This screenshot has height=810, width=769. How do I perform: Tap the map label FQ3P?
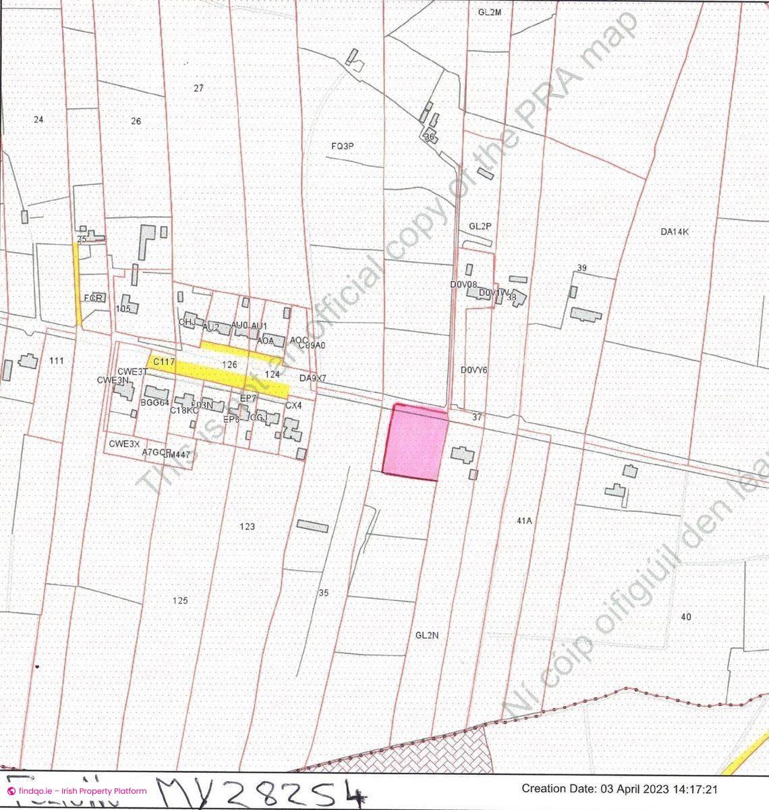[x=343, y=146]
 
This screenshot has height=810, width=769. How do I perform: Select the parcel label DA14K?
[x=675, y=232]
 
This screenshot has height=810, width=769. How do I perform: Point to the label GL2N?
[x=427, y=635]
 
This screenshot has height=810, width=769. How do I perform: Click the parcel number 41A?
[x=524, y=521]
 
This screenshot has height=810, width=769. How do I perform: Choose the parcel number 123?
[x=248, y=526]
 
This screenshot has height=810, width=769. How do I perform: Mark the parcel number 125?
[x=180, y=601]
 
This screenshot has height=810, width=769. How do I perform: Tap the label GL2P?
[x=480, y=226]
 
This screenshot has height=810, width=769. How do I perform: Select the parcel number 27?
[x=198, y=88]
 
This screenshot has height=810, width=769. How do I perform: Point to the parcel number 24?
[x=38, y=119]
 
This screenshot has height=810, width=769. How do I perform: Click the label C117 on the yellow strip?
[x=164, y=362]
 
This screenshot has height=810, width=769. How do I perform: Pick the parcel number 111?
[x=57, y=361]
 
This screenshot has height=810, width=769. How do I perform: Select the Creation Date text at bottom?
[x=619, y=788]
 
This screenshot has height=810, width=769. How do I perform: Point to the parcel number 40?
[x=686, y=617]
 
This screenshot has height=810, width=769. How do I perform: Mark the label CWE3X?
[x=124, y=444]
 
